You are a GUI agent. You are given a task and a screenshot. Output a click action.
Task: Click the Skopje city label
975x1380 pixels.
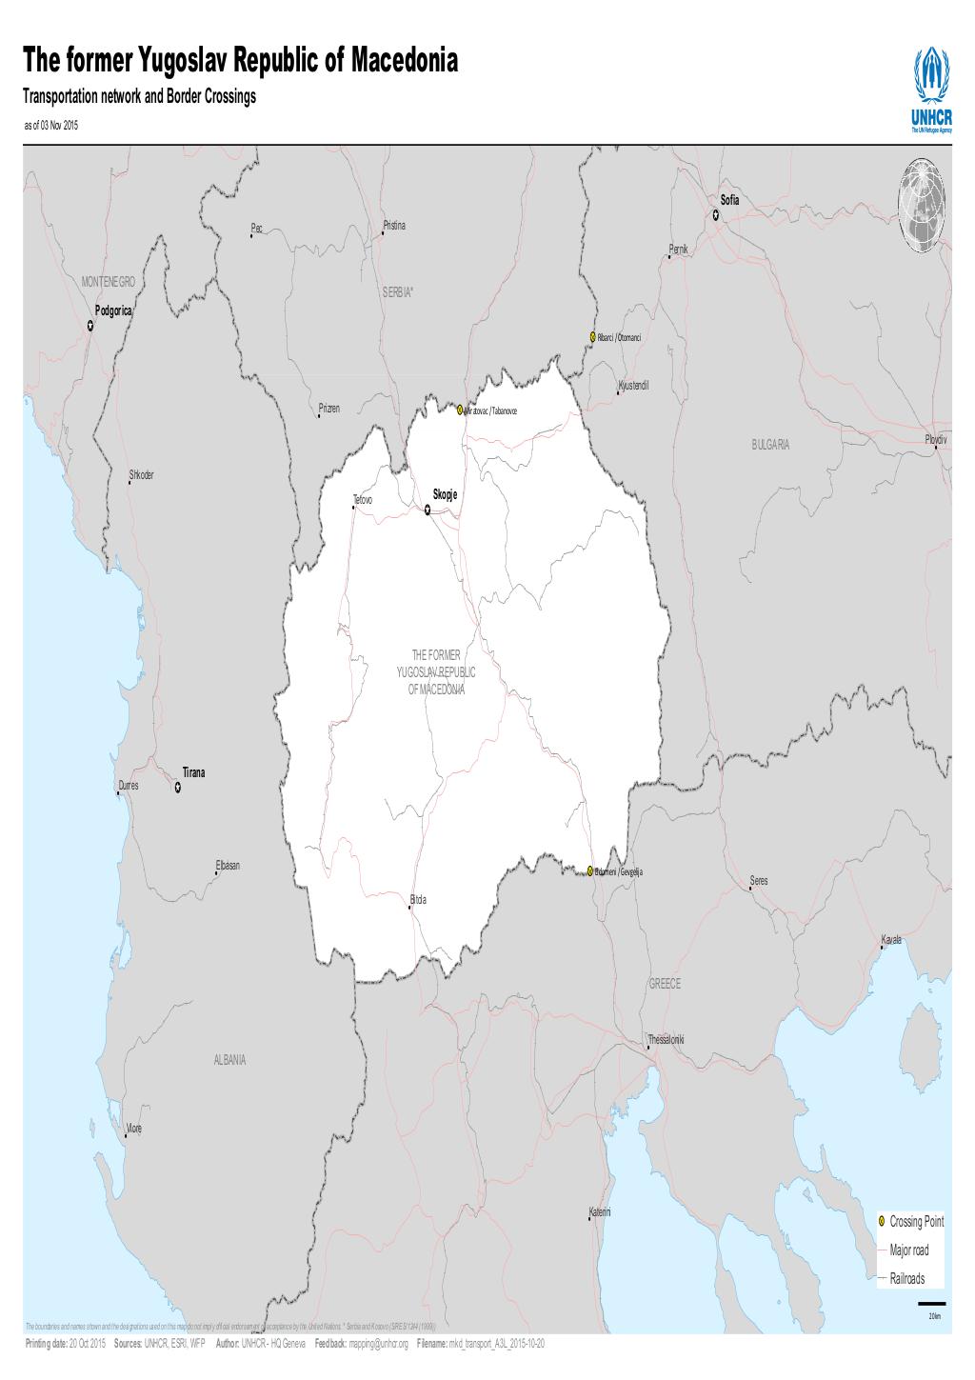point(446,494)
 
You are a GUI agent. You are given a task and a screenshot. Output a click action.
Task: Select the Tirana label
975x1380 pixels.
point(194,772)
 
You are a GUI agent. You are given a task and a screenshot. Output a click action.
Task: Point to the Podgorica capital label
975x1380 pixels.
point(114,311)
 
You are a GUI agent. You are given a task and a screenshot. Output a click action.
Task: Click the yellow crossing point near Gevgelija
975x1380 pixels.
point(590,870)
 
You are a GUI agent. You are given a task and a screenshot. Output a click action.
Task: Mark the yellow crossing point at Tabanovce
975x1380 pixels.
point(460,410)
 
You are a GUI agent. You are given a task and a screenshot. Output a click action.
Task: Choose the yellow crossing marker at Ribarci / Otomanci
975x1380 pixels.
point(592,337)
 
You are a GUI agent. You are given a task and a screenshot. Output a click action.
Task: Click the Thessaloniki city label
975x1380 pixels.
point(666,1037)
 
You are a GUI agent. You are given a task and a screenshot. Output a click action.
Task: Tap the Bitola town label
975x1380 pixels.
point(418,899)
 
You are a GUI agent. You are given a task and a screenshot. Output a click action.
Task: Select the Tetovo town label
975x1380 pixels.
point(363,499)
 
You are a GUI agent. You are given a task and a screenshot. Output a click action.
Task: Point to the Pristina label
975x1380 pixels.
point(394,226)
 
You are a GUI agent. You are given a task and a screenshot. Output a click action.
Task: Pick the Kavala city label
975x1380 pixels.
point(891,939)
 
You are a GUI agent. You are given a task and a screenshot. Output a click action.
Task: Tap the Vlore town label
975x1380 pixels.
point(133,1128)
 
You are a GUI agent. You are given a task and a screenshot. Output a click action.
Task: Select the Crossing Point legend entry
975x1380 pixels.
point(916,1221)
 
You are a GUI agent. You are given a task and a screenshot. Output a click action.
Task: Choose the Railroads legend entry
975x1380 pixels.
point(906,1279)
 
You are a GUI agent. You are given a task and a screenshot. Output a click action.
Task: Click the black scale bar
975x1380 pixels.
point(932,1303)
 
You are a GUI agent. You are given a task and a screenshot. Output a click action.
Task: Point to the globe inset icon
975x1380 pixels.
point(923,208)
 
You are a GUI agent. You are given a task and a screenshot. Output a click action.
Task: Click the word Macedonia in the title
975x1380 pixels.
point(406,63)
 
